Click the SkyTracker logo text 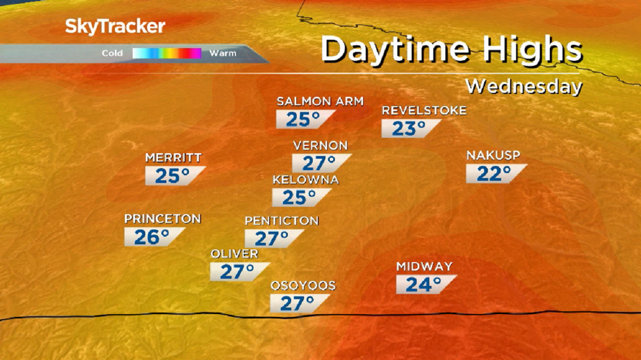click(x=115, y=26)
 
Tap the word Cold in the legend click(x=112, y=54)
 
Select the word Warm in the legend click(x=223, y=54)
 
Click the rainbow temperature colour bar click(x=166, y=54)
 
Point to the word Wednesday click(x=523, y=87)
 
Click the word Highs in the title click(x=532, y=50)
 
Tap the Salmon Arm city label click(x=320, y=101)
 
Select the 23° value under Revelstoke click(x=409, y=129)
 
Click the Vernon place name click(x=320, y=146)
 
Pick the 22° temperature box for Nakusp click(x=494, y=174)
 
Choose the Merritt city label click(x=173, y=158)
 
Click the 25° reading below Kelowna click(x=300, y=197)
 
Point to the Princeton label click(x=162, y=219)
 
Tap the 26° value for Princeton click(x=152, y=237)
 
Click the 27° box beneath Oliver click(x=238, y=272)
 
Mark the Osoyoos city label click(x=303, y=286)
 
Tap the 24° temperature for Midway click(x=424, y=285)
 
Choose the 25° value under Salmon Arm click(x=303, y=119)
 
